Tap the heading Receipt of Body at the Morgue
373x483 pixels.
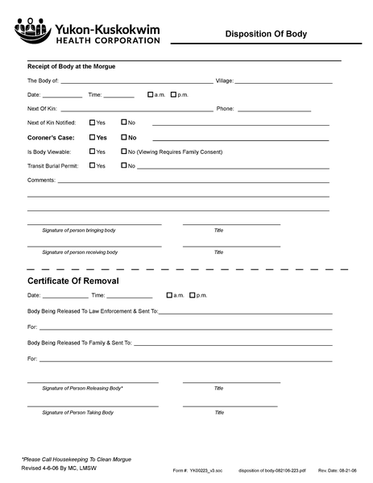coord(71,66)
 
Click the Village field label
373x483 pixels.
coord(223,81)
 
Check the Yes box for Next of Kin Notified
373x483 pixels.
coord(93,123)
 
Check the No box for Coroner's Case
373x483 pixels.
coord(123,137)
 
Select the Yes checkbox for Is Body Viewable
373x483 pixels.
coord(93,152)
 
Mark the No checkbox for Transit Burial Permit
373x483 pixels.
coord(123,166)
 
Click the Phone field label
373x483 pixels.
coord(225,109)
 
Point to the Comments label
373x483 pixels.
coord(42,181)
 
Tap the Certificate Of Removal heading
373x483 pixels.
coord(73,281)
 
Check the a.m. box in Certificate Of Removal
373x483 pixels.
coord(169,296)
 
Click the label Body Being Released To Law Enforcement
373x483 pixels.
coord(93,310)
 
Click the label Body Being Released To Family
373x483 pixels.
coord(79,343)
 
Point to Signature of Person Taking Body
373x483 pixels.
coord(78,413)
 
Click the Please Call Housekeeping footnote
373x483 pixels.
coord(76,460)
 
